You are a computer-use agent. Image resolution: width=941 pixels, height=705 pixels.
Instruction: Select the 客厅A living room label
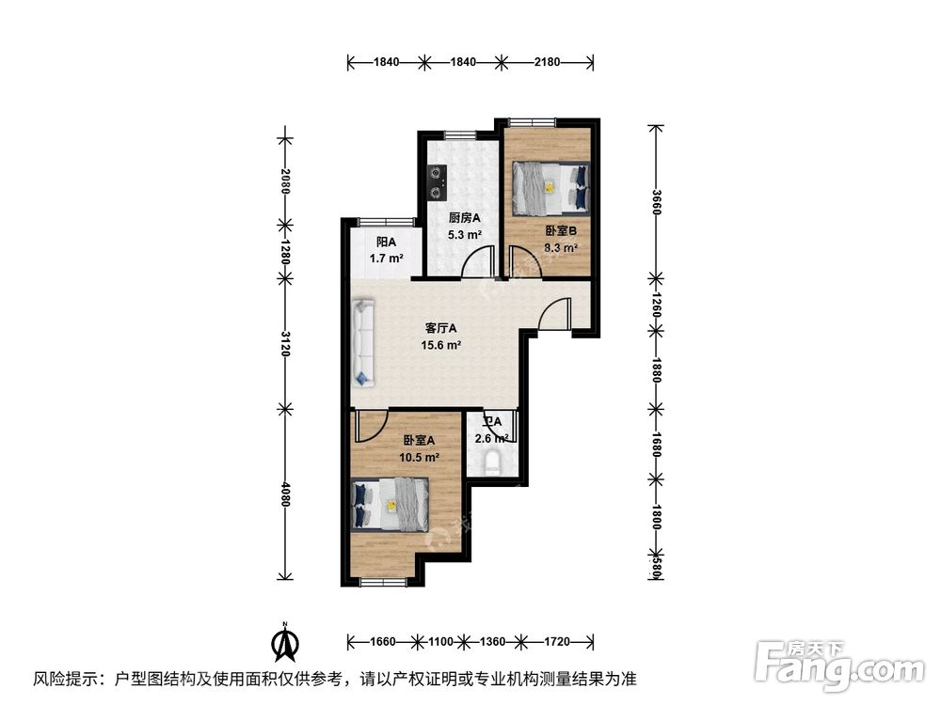pyautogui.click(x=440, y=329)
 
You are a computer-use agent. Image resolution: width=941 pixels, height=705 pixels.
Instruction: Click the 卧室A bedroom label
pyautogui.click(x=419, y=441)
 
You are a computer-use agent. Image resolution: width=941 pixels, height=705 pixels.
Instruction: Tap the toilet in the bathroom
pyautogui.click(x=491, y=463)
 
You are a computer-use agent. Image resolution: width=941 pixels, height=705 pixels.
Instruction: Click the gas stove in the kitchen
pyautogui.click(x=436, y=182)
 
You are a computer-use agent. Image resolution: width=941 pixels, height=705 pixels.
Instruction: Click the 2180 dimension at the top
pyautogui.click(x=547, y=62)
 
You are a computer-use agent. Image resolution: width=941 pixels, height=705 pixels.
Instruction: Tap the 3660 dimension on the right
pyautogui.click(x=658, y=201)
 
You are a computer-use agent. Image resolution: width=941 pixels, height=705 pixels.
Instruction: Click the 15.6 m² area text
pyautogui.click(x=440, y=345)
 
